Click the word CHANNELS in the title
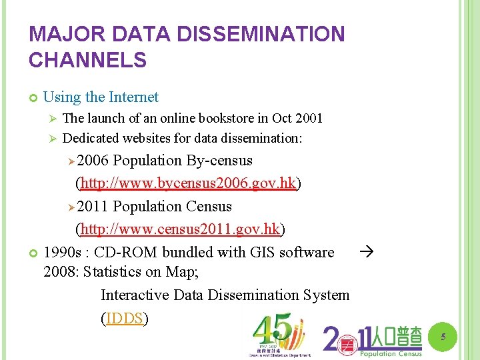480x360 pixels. click(x=87, y=60)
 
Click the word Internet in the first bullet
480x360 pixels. click(x=132, y=97)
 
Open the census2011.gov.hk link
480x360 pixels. click(x=180, y=229)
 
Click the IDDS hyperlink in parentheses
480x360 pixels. click(x=125, y=318)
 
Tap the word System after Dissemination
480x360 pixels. click(x=325, y=295)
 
